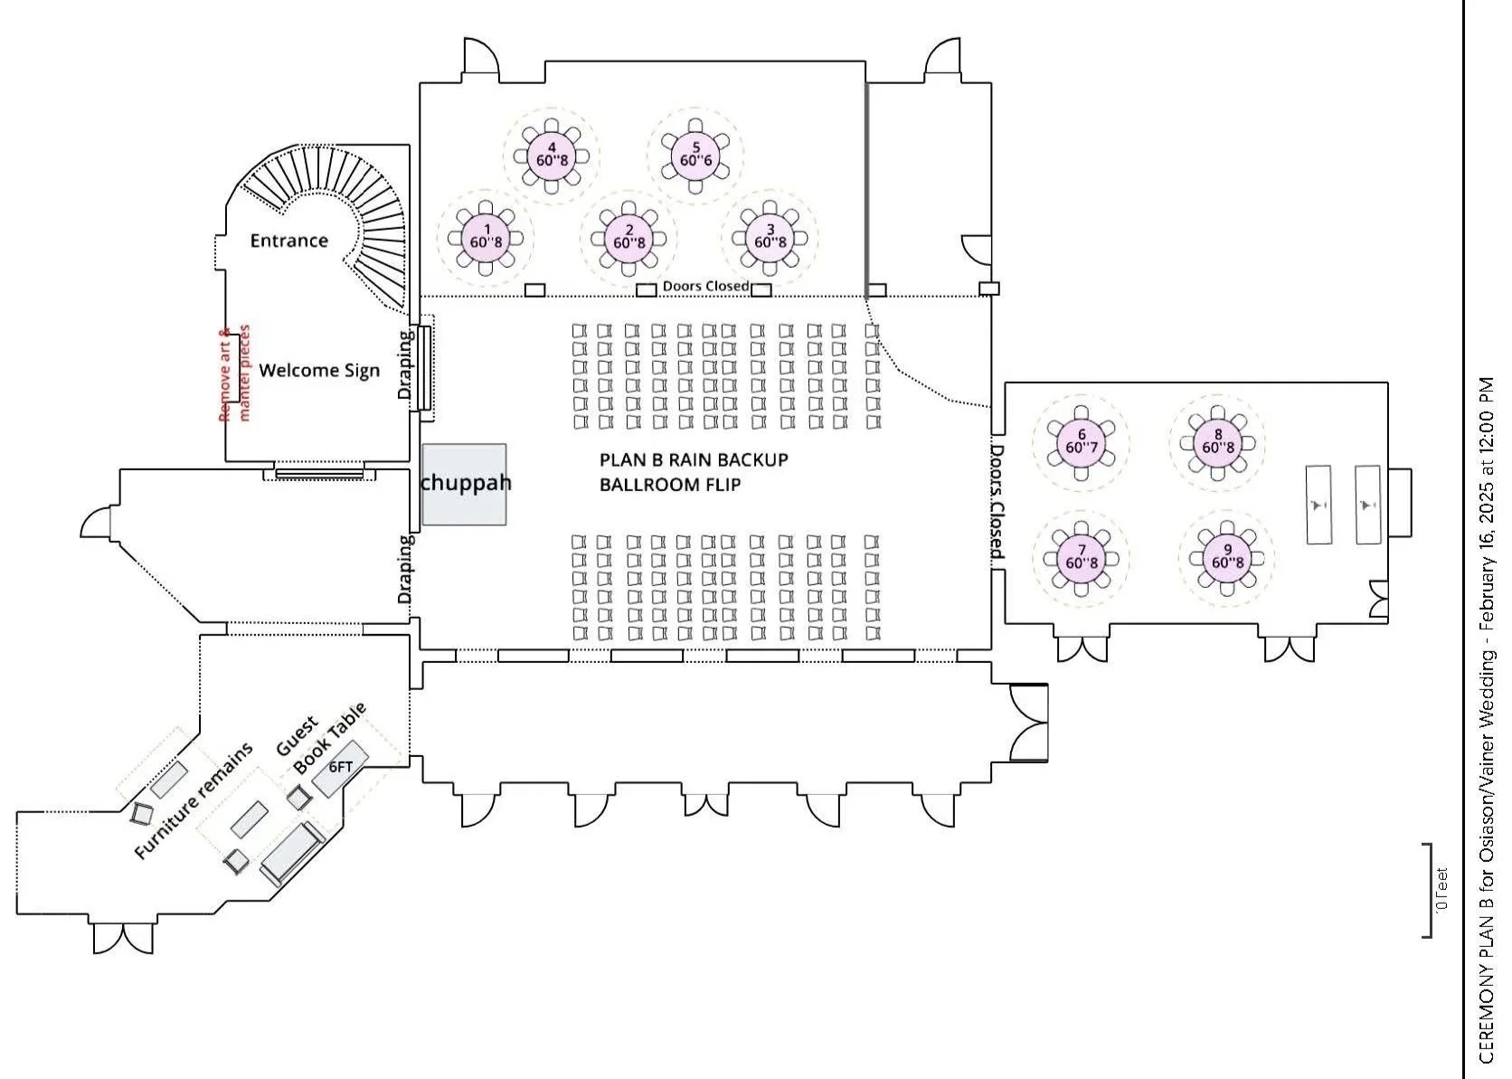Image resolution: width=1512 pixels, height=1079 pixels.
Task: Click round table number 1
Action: coord(487,237)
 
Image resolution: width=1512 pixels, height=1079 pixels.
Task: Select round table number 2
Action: coord(629,237)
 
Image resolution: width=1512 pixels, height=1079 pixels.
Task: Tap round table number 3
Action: coord(770,236)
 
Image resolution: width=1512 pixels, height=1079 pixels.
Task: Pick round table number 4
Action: coord(552,155)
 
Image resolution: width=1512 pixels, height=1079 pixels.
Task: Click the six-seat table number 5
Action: coord(695,154)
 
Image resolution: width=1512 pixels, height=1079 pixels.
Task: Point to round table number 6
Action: coord(1082,441)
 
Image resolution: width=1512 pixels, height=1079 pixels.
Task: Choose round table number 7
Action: coord(1082,556)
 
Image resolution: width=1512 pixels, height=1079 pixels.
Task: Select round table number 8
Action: coord(1217,441)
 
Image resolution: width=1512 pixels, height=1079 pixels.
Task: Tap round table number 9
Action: coord(1227,556)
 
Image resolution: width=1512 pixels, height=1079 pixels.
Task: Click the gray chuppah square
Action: coord(464,485)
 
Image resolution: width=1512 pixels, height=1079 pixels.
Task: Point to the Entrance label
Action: coord(288,241)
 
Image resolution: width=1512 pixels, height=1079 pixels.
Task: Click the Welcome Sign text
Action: coord(319,370)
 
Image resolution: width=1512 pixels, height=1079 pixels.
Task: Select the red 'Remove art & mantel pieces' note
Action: coord(234,373)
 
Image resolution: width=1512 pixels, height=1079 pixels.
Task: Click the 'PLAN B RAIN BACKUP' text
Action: coord(694,459)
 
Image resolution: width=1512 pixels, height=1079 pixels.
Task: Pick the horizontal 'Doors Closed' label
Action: coord(705,286)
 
